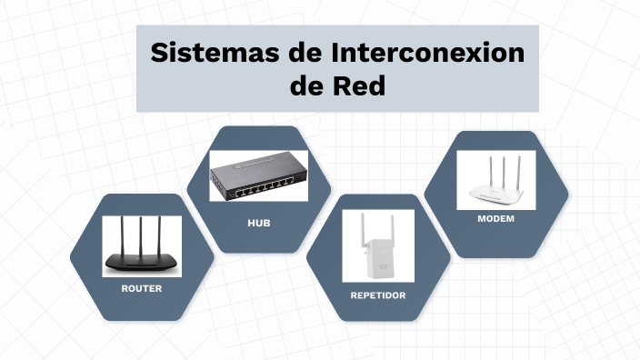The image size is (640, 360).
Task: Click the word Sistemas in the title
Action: tap(203, 53)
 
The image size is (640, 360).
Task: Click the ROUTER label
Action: tap(142, 288)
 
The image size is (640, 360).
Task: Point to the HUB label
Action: tap(259, 223)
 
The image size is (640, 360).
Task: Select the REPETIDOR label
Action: tap(378, 295)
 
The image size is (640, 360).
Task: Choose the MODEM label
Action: tap(496, 219)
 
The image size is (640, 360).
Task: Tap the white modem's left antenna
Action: tap(482, 175)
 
